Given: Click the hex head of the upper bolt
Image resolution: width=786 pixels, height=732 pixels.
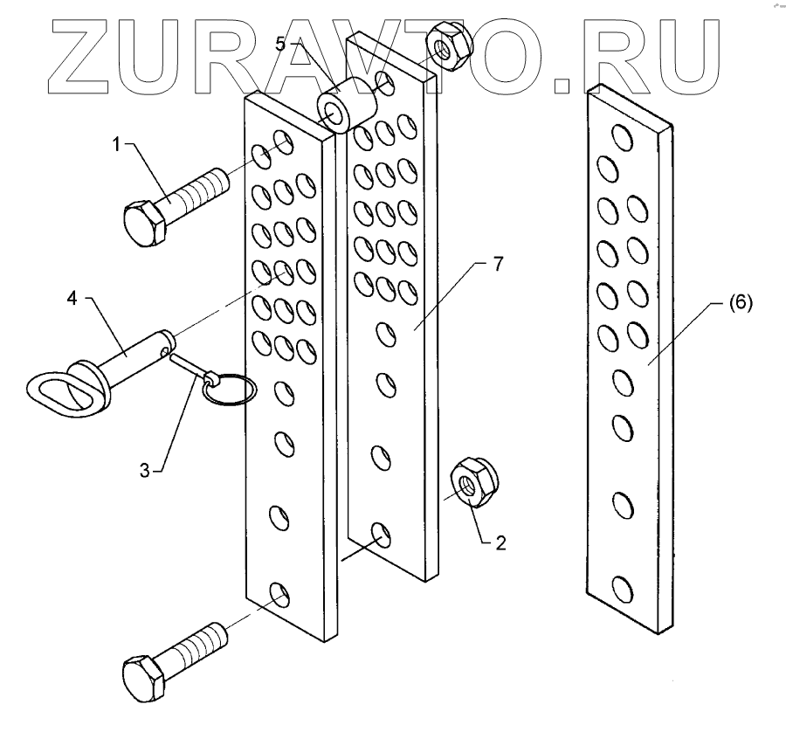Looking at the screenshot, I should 143,223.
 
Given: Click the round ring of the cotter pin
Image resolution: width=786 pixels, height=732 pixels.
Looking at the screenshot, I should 228,390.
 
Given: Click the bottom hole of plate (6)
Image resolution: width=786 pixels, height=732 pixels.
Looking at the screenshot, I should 622,590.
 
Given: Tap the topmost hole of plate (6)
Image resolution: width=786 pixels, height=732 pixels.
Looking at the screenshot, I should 623,136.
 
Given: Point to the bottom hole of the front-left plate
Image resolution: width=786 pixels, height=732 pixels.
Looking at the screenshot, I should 280,597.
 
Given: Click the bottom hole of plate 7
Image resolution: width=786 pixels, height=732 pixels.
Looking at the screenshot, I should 381,534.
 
